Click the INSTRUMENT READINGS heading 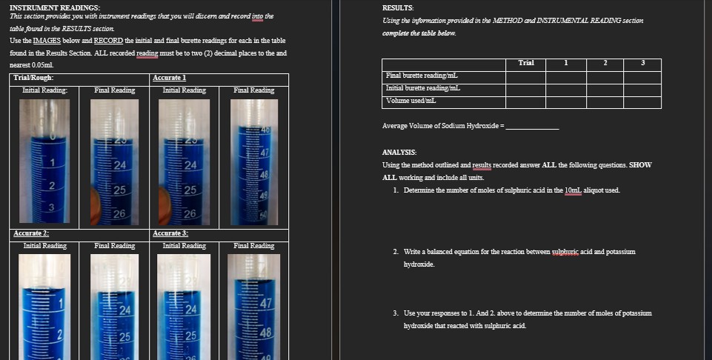(55, 7)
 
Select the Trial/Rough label (33, 78)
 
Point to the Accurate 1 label (169, 78)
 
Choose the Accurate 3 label (169, 233)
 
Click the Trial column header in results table (526, 64)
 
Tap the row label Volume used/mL (411, 100)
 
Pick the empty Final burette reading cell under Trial (526, 76)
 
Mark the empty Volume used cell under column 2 (605, 100)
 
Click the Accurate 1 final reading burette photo (254, 161)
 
